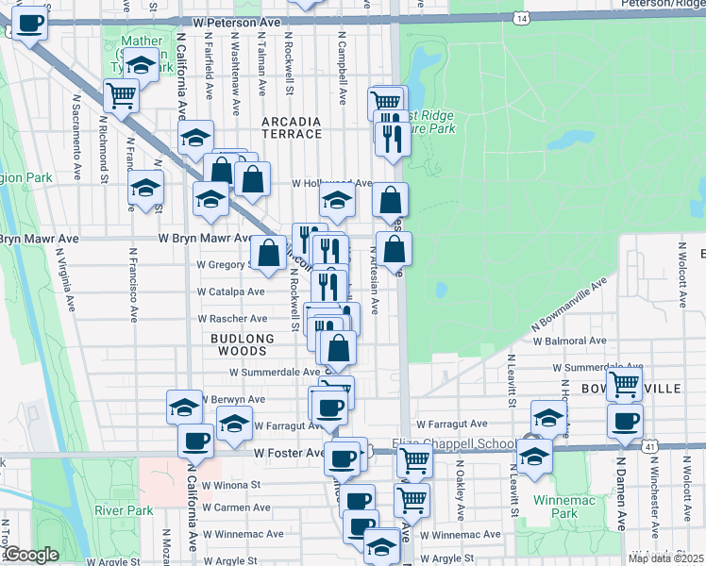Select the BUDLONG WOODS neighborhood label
[x=243, y=344]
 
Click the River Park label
[x=124, y=510]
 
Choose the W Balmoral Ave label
[x=571, y=341]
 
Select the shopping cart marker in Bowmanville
[x=624, y=384]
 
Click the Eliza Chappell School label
[x=454, y=444]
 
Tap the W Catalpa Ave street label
[x=230, y=292]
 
